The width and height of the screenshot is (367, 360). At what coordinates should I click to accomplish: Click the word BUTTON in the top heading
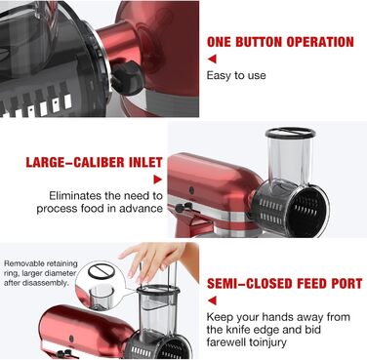click(259, 42)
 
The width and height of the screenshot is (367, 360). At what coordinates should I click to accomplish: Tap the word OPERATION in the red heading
click(320, 42)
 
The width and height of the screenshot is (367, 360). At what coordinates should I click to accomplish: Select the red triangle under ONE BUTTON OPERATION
click(212, 59)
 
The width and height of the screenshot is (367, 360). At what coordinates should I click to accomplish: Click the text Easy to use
click(236, 75)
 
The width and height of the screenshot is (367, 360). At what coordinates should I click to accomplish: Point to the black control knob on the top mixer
click(126, 78)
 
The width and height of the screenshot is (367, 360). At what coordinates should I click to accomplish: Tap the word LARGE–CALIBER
click(75, 162)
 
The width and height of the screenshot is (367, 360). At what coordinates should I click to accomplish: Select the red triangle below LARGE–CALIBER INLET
click(158, 180)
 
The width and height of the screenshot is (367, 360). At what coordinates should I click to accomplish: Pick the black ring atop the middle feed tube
click(290, 133)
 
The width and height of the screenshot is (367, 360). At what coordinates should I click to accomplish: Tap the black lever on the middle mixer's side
click(183, 207)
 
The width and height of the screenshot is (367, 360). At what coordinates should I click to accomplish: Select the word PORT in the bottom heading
click(347, 284)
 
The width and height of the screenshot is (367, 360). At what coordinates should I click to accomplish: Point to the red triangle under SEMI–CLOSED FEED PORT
click(212, 300)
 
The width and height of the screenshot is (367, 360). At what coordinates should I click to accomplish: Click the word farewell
click(226, 342)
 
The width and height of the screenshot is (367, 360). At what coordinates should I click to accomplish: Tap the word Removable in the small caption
click(22, 263)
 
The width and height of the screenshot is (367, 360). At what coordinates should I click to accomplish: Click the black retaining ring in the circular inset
click(102, 271)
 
